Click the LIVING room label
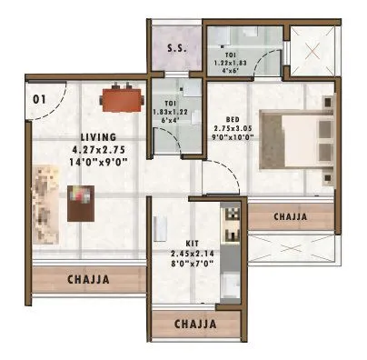point(89,137)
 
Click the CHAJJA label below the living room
point(89,279)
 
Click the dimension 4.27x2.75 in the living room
point(89,151)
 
